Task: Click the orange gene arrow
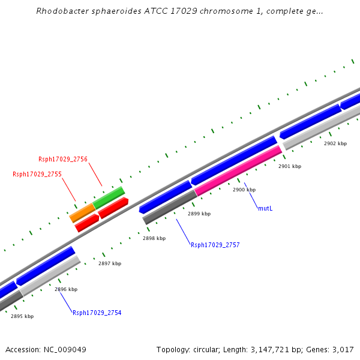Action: point(82,212)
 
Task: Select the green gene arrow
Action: point(109,197)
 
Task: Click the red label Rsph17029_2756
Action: point(63,159)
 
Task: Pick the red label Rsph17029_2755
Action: point(37,174)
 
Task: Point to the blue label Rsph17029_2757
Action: point(215,245)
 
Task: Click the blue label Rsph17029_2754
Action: point(97,313)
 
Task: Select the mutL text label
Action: point(265,208)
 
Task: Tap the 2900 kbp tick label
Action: point(244,190)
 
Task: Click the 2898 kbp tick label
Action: point(154,238)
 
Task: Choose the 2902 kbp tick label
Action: point(335,143)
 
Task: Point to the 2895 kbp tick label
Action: point(22,316)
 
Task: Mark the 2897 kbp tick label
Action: point(110,263)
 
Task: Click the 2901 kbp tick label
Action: point(290,166)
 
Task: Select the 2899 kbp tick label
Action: point(199,214)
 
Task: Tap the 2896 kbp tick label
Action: point(66,289)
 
